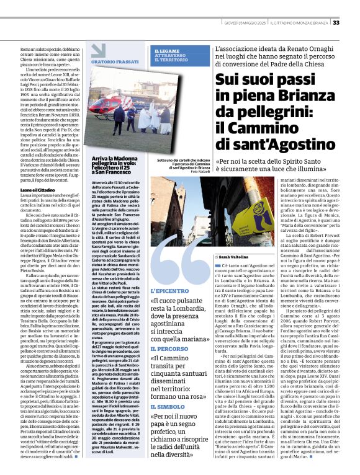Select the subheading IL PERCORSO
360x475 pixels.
168,350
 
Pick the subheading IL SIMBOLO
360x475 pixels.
167,404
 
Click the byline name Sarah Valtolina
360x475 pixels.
235,256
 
